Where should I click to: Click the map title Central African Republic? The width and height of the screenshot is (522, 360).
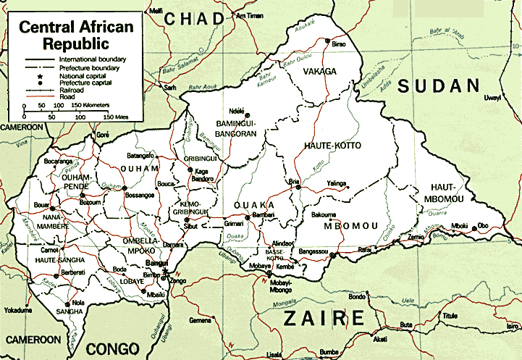coord(76,35)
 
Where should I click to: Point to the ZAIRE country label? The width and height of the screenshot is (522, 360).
coord(323,317)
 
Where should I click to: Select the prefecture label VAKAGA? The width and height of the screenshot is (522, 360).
coord(320,72)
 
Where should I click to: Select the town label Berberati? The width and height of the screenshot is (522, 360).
coord(72,272)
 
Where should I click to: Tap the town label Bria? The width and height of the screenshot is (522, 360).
coord(294,181)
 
